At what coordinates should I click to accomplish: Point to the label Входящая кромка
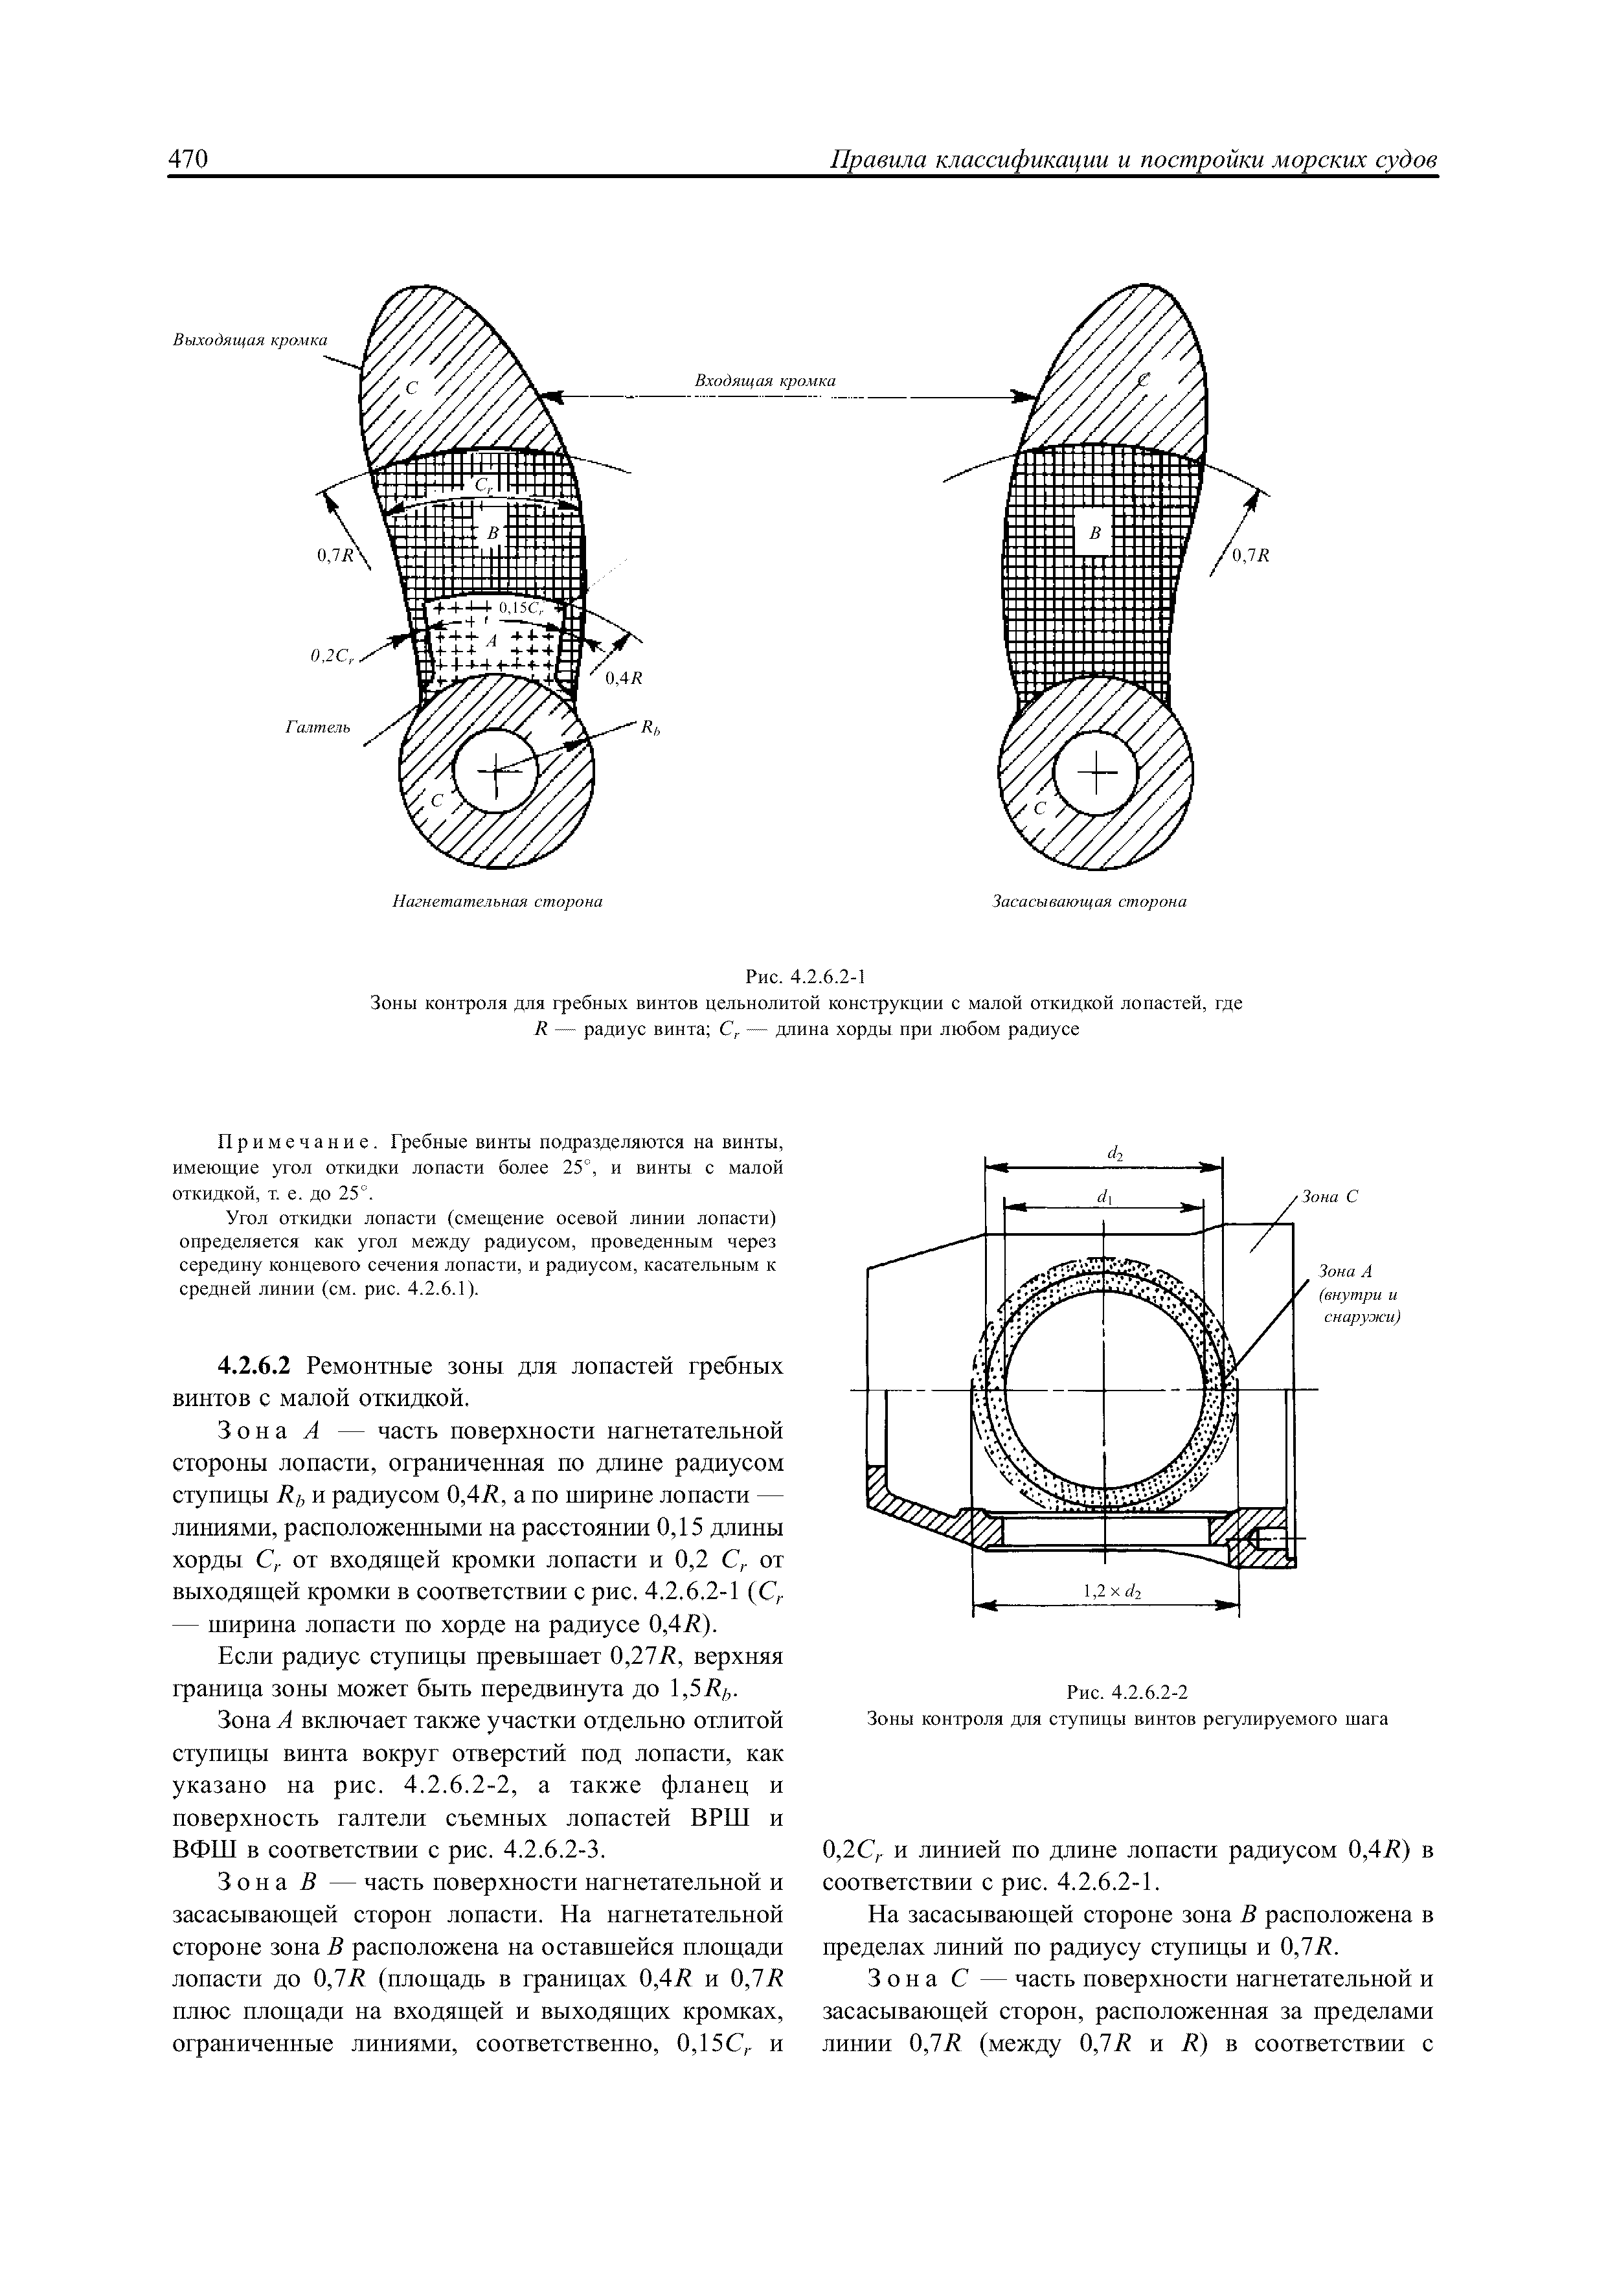[764, 381]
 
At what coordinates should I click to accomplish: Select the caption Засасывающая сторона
[1089, 902]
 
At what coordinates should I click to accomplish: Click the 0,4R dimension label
[624, 678]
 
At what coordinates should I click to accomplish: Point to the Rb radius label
[649, 729]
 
